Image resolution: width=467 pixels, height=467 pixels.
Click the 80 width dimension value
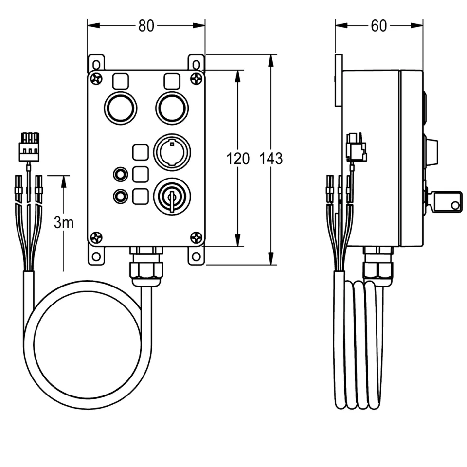point(146,26)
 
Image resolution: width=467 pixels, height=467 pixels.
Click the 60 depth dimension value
point(378,26)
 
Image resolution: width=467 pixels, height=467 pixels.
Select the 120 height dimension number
point(238,159)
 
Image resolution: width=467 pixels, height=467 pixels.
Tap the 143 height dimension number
point(271,159)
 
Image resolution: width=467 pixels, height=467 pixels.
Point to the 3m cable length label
point(64,223)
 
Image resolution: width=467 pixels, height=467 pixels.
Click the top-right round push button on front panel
point(172,108)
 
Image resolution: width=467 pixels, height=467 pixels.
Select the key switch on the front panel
point(172,197)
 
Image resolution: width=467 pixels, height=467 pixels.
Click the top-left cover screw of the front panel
point(97,78)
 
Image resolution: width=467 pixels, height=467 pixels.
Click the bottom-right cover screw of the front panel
point(196,237)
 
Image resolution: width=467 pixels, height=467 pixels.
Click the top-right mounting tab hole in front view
point(196,64)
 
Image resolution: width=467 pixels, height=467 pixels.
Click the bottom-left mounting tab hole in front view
point(96,256)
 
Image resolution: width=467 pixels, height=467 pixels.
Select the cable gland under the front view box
point(146,266)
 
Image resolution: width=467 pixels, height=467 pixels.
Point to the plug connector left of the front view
point(29,147)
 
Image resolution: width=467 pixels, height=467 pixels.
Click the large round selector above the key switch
point(172,152)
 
